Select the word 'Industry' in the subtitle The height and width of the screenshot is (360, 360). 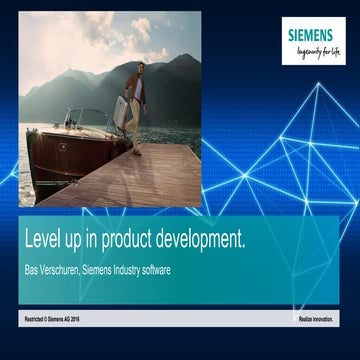128,268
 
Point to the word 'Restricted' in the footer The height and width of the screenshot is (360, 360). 36,318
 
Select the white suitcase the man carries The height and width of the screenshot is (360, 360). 121,113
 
